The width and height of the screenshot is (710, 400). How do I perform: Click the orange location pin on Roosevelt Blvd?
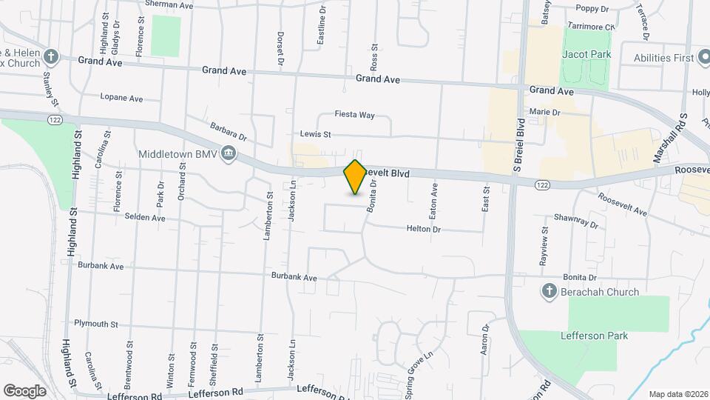click(355, 177)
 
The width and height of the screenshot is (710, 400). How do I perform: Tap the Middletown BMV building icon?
click(229, 155)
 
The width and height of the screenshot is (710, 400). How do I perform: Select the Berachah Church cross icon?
click(550, 291)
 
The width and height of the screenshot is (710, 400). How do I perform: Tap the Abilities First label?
click(663, 57)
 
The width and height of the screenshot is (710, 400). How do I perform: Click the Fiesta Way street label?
click(355, 115)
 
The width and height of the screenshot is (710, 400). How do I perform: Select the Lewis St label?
click(316, 134)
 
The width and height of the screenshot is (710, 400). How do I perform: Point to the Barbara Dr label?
click(228, 132)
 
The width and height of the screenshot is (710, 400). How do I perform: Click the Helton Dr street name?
click(423, 230)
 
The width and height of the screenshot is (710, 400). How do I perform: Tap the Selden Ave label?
click(149, 218)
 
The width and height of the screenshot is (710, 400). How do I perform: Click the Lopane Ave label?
click(121, 98)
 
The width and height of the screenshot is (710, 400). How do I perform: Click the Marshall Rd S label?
click(681, 140)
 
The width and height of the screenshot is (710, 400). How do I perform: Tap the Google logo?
click(24, 390)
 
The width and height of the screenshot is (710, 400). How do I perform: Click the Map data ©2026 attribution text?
click(677, 394)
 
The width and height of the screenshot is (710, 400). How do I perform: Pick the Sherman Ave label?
click(169, 4)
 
